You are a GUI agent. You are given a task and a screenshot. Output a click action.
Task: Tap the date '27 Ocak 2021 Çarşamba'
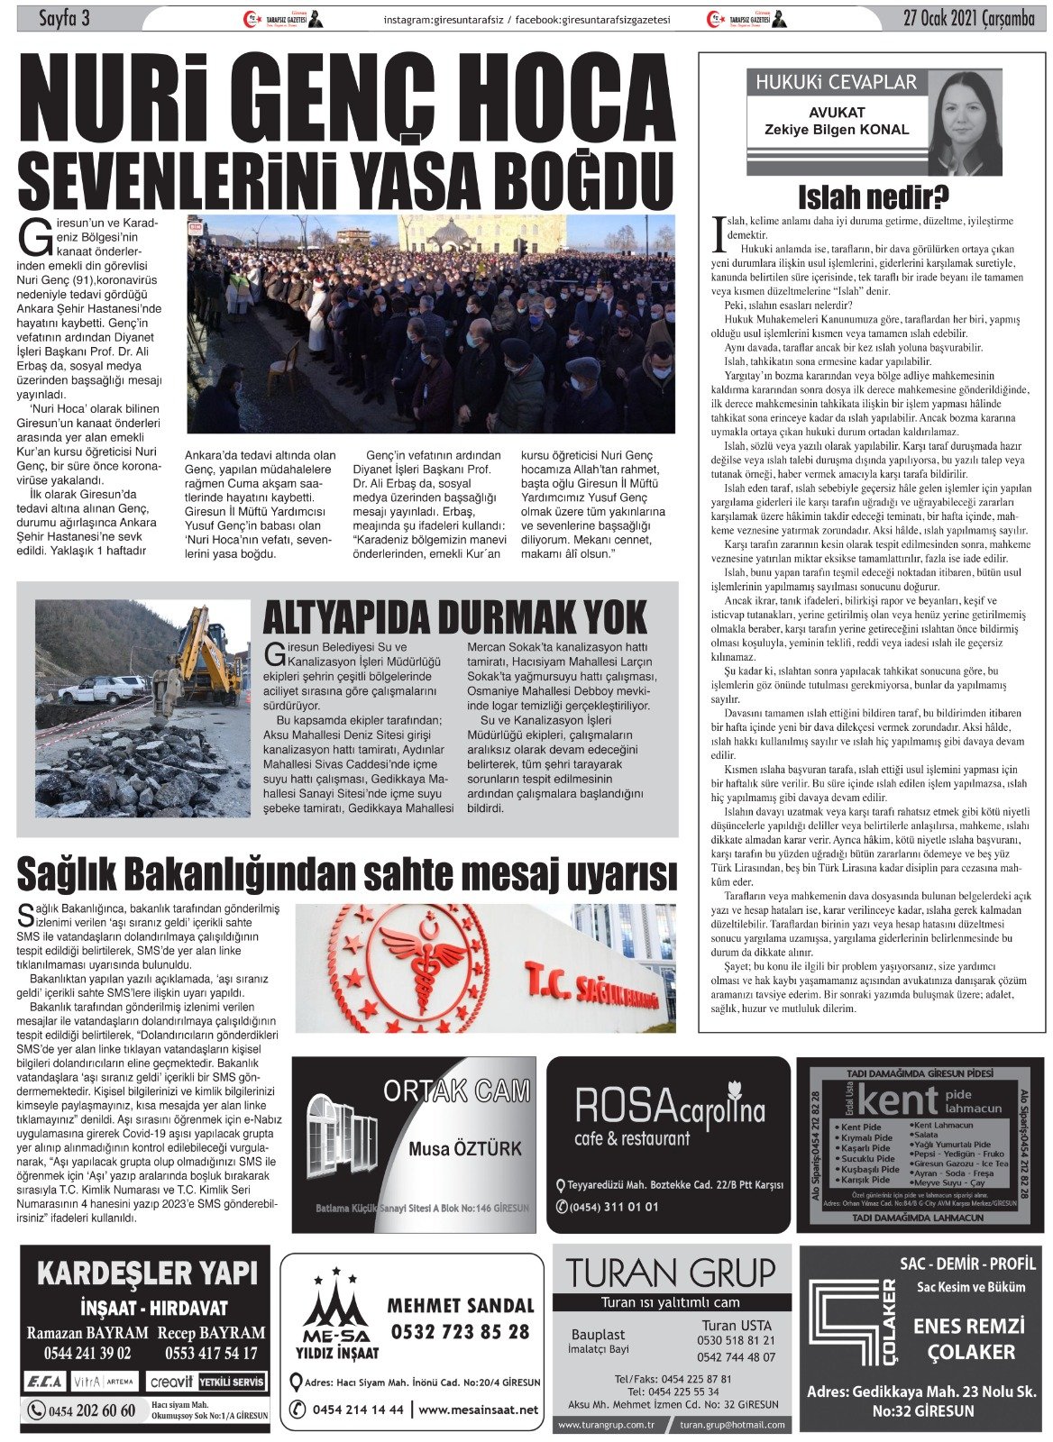[x=968, y=18]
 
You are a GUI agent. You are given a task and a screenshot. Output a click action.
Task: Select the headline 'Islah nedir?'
[x=872, y=196]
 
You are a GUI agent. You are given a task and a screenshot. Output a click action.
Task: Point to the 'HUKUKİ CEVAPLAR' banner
[x=836, y=83]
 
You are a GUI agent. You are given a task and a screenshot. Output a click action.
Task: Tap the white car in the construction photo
[x=101, y=689]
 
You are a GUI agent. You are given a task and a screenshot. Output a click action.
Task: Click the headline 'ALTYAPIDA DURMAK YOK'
[x=454, y=617]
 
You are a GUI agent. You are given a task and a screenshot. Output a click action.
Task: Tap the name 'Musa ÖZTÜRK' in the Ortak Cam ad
[x=464, y=1148]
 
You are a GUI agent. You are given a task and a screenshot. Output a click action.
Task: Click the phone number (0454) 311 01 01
[x=614, y=1207]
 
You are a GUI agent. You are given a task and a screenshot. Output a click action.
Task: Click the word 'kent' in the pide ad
[x=898, y=1100]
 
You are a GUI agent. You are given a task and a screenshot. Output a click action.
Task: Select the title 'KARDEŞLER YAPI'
[x=147, y=1273]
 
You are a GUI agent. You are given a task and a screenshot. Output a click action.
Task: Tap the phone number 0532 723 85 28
[x=460, y=1331]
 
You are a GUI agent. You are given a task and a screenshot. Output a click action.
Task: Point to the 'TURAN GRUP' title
[x=671, y=1273]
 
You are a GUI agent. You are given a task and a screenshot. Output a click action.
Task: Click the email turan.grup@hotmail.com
[x=732, y=1425]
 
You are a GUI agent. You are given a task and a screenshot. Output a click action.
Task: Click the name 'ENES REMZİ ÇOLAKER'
[x=970, y=1338]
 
